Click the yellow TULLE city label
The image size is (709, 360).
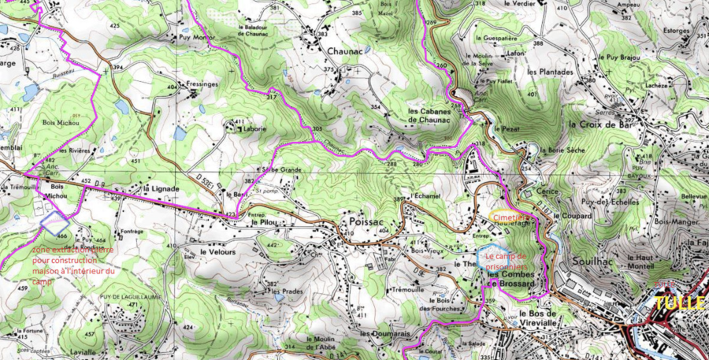(x=679, y=303)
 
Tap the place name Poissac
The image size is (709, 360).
(x=365, y=223)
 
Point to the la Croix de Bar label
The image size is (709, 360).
(x=600, y=124)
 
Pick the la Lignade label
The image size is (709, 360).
(x=161, y=190)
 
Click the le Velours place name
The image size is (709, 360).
(x=218, y=251)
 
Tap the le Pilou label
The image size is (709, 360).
(x=266, y=223)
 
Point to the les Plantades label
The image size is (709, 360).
(x=550, y=72)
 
